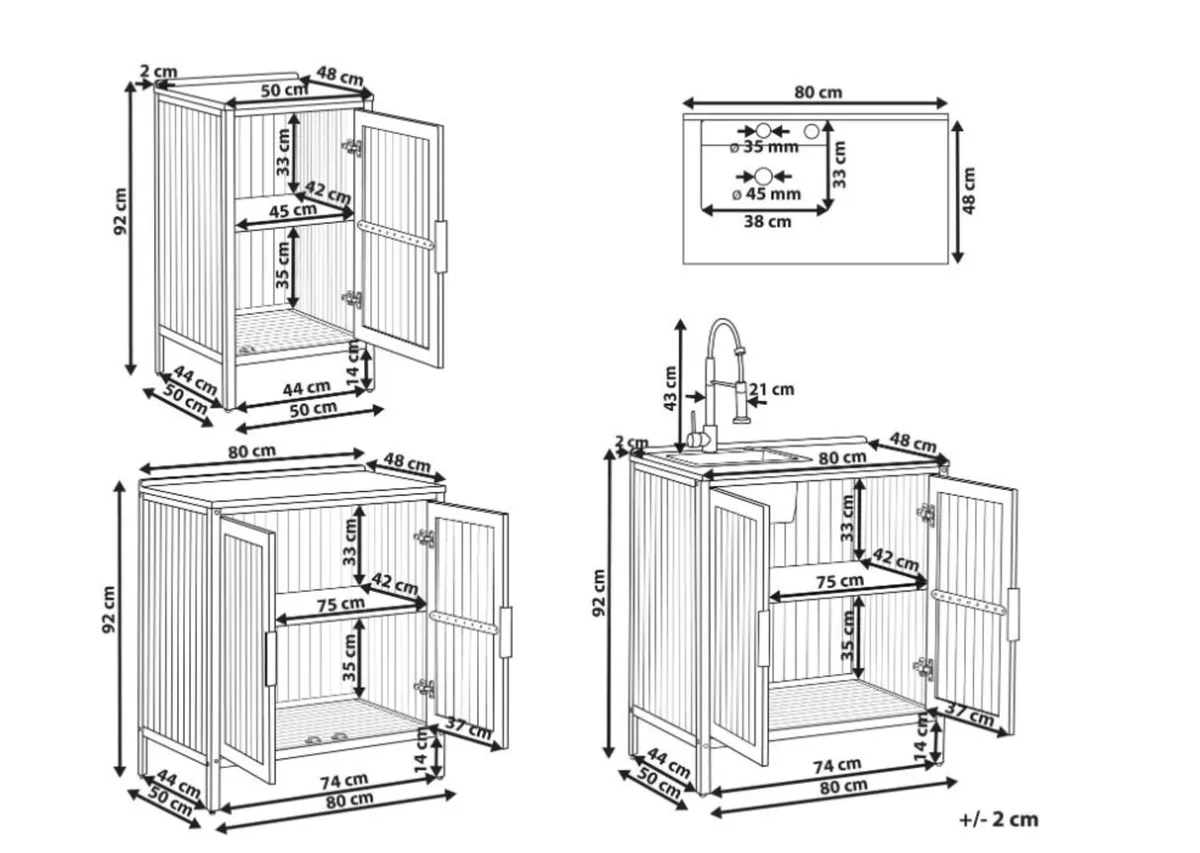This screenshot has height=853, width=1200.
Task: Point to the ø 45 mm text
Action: pos(766,193)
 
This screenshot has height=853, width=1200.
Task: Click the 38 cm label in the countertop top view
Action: pos(767,222)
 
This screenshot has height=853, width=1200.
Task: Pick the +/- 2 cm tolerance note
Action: pos(998,819)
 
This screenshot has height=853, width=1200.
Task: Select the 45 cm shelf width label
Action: pos(293,210)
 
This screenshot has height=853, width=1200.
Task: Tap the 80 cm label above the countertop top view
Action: pos(817,92)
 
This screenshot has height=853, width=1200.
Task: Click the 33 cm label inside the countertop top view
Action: pos(840,164)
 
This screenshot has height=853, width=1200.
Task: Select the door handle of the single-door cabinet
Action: pos(441,246)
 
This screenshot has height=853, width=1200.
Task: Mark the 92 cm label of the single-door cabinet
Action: pos(120,211)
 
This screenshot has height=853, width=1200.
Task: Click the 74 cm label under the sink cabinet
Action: pos(837,765)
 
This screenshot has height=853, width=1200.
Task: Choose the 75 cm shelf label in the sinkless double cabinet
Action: pos(340,603)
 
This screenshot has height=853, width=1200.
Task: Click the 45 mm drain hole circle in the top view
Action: pos(765,175)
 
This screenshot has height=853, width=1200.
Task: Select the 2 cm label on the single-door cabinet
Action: pos(158,71)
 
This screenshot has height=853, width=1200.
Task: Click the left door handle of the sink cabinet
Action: pos(763,638)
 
